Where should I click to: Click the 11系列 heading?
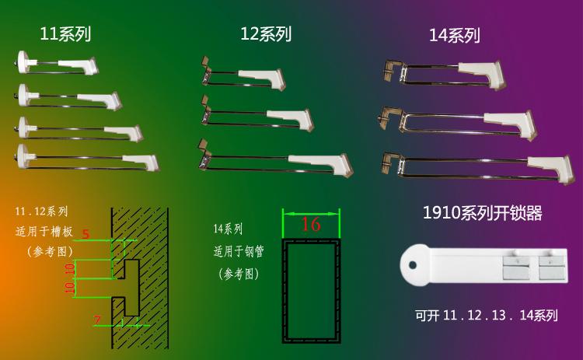65,33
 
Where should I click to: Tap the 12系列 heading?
266,33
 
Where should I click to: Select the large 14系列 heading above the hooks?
454,36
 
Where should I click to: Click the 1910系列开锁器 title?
482,213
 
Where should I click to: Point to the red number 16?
310,225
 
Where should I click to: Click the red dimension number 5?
86,233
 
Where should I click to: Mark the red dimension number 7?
97,320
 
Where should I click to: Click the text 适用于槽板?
44,231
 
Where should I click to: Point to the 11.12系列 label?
41,211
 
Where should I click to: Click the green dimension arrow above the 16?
311,211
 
